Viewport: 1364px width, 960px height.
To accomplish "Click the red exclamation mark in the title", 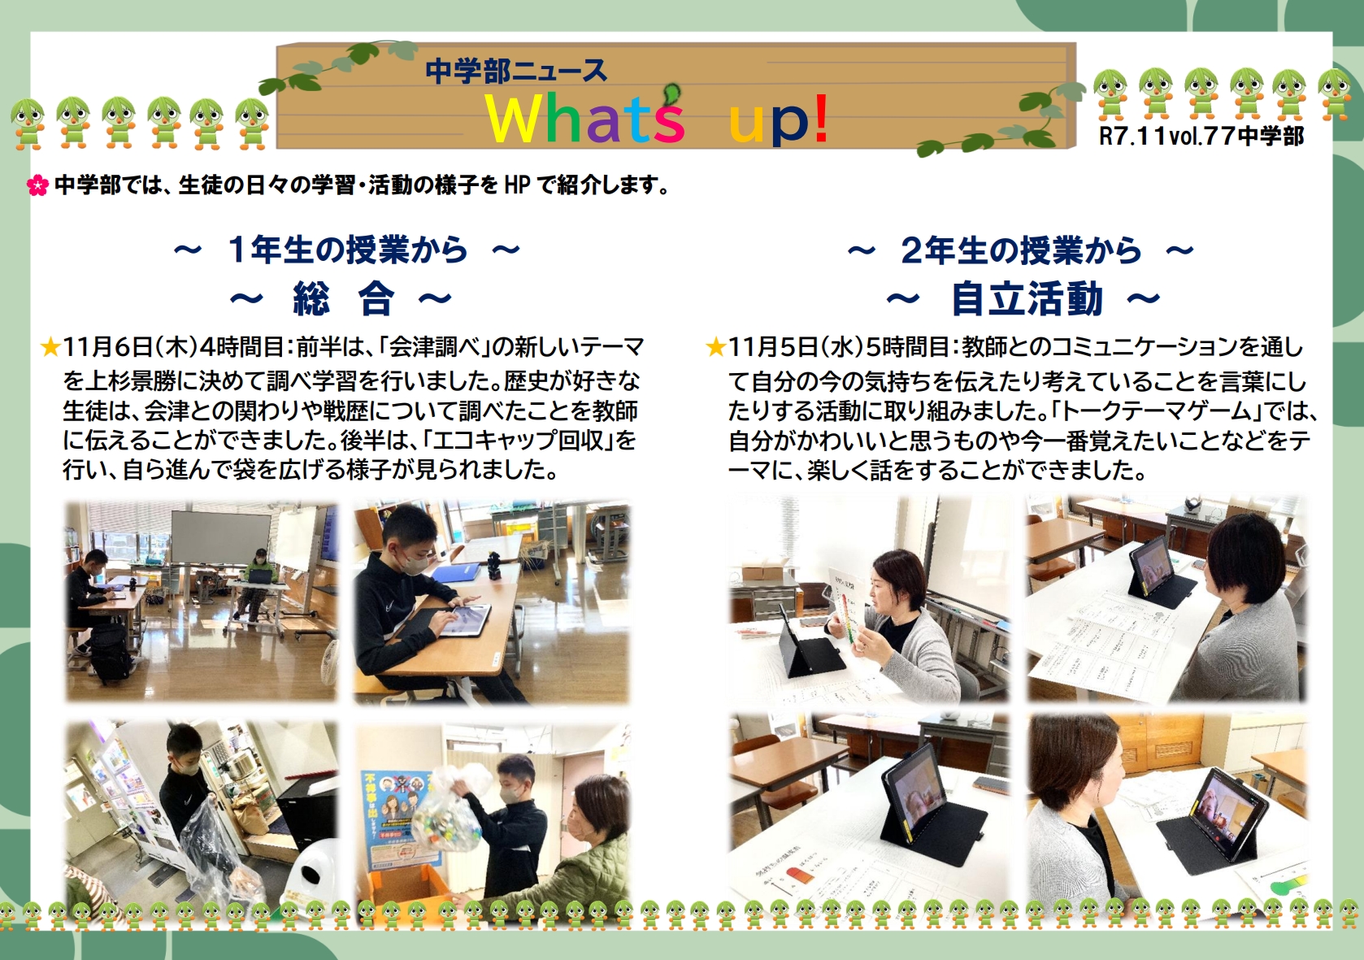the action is click(x=820, y=118).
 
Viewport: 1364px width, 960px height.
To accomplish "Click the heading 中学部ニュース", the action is click(x=515, y=72).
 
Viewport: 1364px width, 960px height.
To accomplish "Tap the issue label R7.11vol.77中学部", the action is click(x=1201, y=136).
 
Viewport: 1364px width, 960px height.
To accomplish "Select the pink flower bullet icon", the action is click(x=37, y=185).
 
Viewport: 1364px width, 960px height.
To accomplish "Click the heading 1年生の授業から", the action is click(x=348, y=250).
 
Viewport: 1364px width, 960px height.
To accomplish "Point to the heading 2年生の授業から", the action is click(x=1021, y=250).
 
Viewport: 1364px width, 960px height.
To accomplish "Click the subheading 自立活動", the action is click(x=1027, y=299).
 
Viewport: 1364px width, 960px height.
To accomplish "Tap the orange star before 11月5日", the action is click(x=715, y=348).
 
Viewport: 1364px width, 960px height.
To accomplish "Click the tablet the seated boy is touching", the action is click(x=464, y=620).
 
